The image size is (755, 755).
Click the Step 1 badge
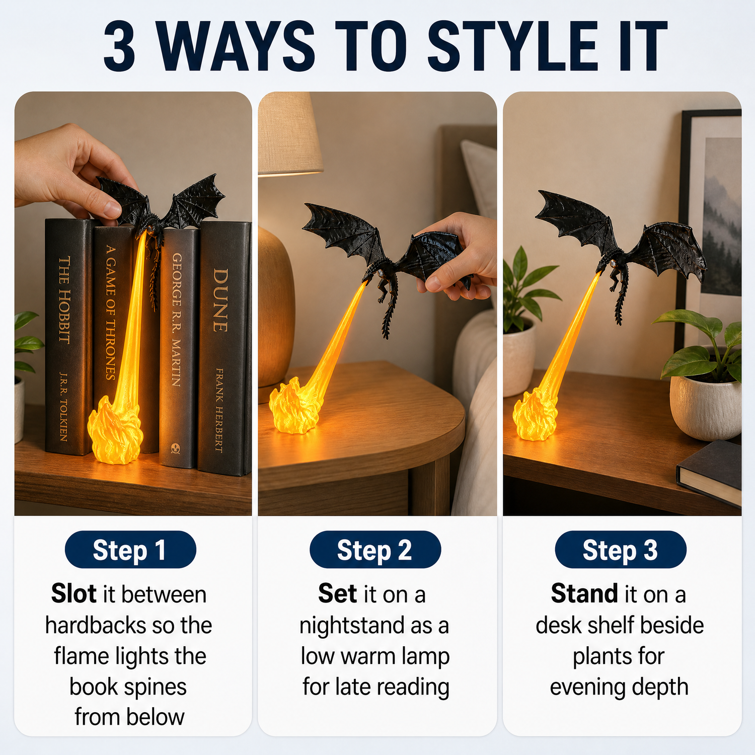coord(130,550)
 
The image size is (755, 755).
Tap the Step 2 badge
coord(375,550)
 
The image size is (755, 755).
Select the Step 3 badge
coord(620,550)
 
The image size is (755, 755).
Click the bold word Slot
coord(73,594)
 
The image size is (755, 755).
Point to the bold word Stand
coord(584,594)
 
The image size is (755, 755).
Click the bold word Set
coord(337,594)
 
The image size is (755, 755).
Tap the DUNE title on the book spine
coord(220,300)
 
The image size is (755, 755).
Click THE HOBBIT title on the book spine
coord(64,300)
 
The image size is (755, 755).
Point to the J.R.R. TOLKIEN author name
coord(63,407)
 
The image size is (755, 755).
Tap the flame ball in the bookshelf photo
coord(115,430)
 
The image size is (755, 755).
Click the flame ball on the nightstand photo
coord(295,407)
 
